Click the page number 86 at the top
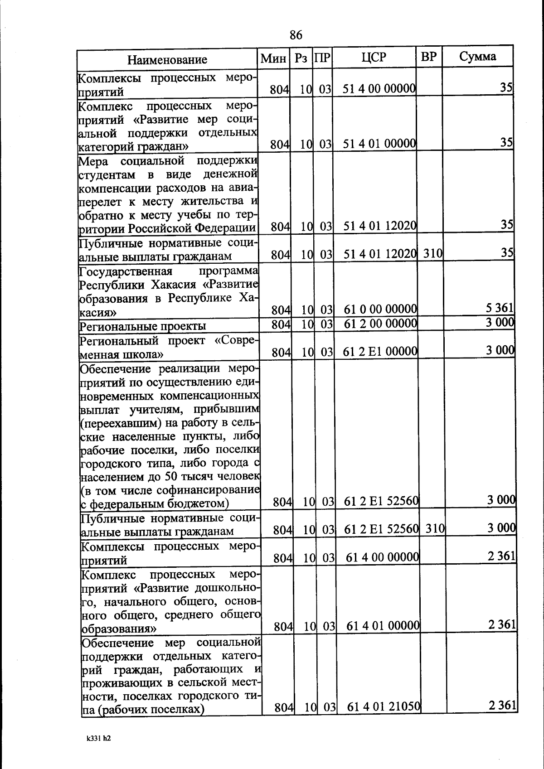click(x=296, y=35)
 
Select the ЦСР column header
click(x=374, y=57)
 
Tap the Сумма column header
click(x=477, y=57)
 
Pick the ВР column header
click(x=428, y=57)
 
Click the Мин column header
click(x=273, y=58)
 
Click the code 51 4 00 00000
click(x=379, y=88)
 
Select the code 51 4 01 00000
click(x=379, y=144)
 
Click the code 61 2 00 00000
click(x=380, y=324)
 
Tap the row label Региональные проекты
click(x=142, y=326)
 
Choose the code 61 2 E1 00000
click(x=380, y=351)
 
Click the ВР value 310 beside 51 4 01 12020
click(x=432, y=254)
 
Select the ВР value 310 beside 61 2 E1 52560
click(x=435, y=528)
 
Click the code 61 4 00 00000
click(x=382, y=557)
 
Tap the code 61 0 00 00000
click(x=380, y=310)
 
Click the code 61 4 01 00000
click(x=383, y=626)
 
